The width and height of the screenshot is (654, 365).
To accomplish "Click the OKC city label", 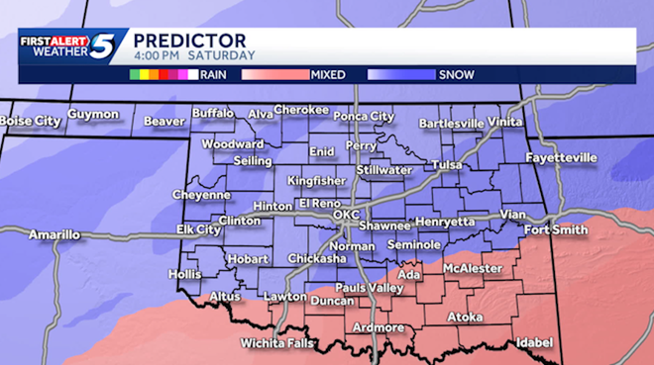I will tap(346, 214).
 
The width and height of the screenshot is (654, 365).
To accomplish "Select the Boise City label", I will tap(30, 120).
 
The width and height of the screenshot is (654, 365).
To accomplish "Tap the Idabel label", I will tap(533, 342).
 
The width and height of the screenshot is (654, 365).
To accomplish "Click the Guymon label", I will tap(93, 115).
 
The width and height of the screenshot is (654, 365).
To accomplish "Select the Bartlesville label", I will tap(452, 124).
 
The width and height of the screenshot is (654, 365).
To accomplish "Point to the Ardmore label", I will tap(379, 327).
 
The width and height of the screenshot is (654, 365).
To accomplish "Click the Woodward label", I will tap(233, 143).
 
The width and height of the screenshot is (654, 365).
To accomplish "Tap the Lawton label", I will tap(285, 296).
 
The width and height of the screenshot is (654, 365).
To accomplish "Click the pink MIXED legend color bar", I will tap(272, 73).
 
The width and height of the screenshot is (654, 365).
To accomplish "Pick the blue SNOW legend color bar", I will tap(400, 73).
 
